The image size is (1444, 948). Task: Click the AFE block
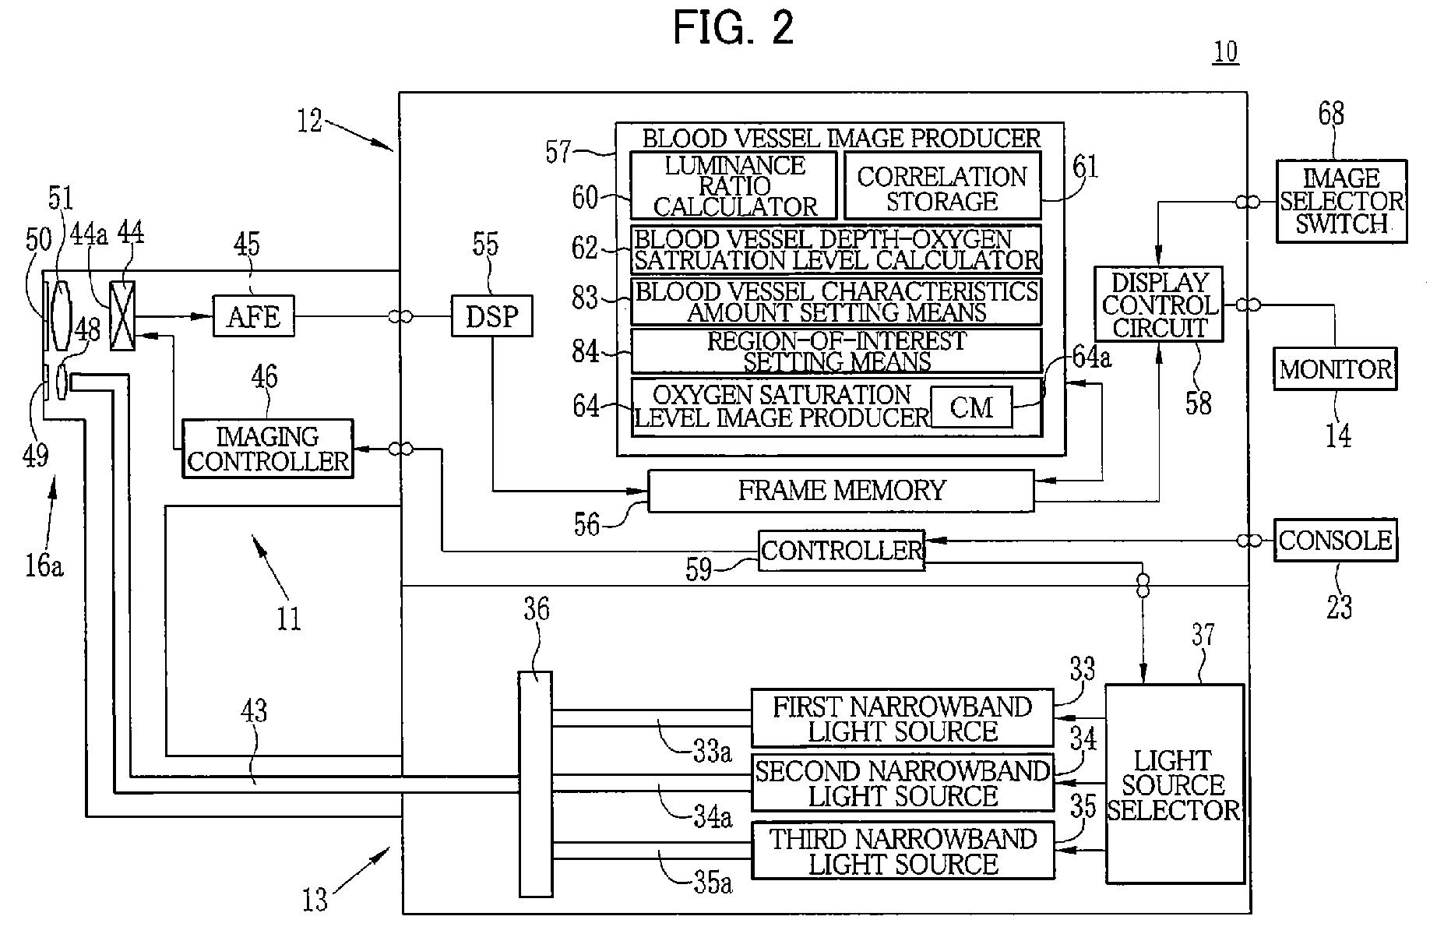254,316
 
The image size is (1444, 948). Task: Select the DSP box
491,316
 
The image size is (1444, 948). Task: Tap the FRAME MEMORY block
841,491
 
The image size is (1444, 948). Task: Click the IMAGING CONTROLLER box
267,449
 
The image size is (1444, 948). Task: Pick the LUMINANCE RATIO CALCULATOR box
734,186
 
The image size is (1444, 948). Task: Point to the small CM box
971,407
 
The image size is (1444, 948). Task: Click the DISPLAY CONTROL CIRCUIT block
1159,305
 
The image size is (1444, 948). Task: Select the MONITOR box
1335,369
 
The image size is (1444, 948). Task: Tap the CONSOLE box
1335,541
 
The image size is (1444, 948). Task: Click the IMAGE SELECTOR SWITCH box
1341,201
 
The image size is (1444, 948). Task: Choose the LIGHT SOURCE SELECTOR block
1174,784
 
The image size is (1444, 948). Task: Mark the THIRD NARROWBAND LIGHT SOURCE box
903,851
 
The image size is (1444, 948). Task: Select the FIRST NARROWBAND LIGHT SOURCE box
902,718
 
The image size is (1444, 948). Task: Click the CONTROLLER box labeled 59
841,551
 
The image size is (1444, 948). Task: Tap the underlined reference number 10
1225,52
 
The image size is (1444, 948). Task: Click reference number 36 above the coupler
536,609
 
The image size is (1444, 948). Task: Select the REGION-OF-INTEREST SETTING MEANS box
836,351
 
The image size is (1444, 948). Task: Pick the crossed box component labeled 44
123,315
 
